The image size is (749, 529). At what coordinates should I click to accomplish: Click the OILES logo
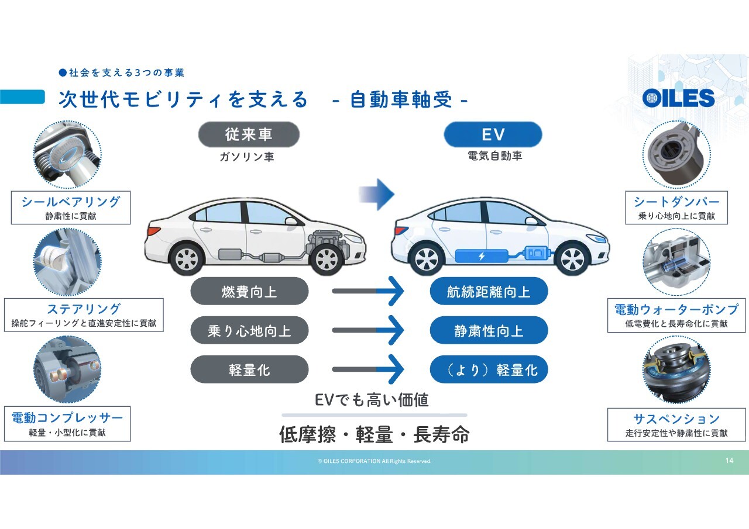click(x=678, y=98)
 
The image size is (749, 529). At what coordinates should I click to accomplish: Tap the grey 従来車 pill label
click(x=249, y=134)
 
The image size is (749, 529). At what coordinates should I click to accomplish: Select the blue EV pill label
click(x=493, y=134)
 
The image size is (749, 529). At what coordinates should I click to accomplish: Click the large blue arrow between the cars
click(x=377, y=195)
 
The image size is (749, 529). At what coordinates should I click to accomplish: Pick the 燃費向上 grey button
click(x=249, y=291)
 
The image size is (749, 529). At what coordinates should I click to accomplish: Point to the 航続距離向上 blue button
click(x=489, y=291)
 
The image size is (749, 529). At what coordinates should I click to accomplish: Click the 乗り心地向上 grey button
click(x=249, y=330)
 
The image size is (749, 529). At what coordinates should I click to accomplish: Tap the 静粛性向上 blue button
click(x=489, y=330)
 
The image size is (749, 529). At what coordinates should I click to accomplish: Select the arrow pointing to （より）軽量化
click(x=368, y=369)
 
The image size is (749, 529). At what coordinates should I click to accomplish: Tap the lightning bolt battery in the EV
click(x=482, y=256)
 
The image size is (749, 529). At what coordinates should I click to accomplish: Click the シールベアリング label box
click(x=71, y=208)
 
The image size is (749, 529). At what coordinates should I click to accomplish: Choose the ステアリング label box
click(x=84, y=315)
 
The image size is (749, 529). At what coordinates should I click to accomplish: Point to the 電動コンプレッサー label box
click(x=67, y=424)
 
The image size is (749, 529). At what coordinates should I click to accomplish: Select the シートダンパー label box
click(x=676, y=208)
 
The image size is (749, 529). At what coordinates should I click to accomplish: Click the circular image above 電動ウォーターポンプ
click(x=676, y=262)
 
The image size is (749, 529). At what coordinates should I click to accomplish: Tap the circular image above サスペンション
click(x=676, y=369)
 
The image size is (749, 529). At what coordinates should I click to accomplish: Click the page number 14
click(x=729, y=461)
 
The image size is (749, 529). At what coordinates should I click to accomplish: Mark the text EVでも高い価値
click(x=372, y=400)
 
